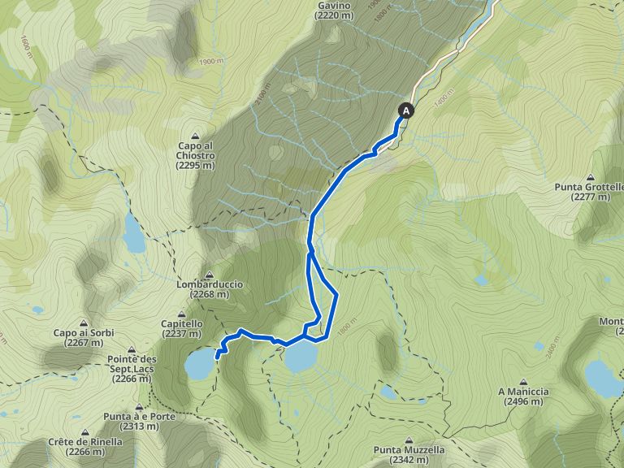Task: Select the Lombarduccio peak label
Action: [210, 290]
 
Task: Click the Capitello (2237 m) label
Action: [181, 327]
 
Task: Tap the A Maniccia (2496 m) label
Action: [523, 396]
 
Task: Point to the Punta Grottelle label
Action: [589, 192]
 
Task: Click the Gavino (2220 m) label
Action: [334, 10]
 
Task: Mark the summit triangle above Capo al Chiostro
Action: [195, 136]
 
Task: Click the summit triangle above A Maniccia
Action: [523, 379]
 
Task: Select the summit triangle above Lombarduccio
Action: [210, 274]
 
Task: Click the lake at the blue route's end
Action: [198, 366]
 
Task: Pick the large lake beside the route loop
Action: [300, 356]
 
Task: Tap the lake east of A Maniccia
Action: [603, 378]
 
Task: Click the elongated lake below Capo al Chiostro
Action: [132, 234]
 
